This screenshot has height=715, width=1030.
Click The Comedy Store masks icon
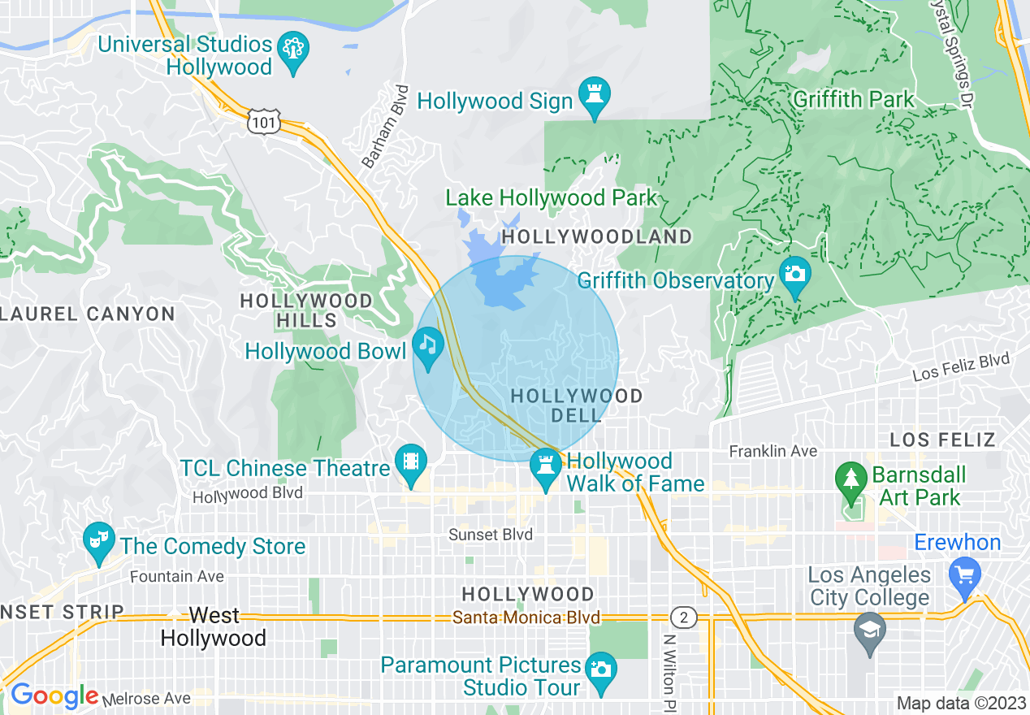[x=99, y=542]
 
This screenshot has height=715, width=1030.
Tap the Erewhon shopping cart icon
[x=964, y=576]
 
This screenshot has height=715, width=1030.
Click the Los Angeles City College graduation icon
[x=869, y=631]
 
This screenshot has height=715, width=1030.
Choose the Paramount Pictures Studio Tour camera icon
[x=600, y=670]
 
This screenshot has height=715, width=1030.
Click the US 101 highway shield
[x=266, y=121]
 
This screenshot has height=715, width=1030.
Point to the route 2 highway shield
[x=684, y=618]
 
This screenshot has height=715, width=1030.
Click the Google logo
[x=54, y=695]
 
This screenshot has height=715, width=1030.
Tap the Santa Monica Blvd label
[x=526, y=617]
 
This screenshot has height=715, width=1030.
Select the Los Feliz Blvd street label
[x=961, y=367]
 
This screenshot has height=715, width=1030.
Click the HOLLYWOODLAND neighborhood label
[x=597, y=236]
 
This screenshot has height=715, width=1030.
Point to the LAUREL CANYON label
[x=88, y=314]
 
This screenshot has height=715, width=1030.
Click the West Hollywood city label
[x=214, y=626]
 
